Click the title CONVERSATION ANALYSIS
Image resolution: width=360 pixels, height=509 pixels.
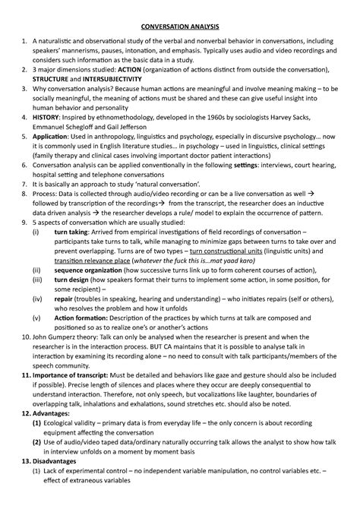180,16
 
